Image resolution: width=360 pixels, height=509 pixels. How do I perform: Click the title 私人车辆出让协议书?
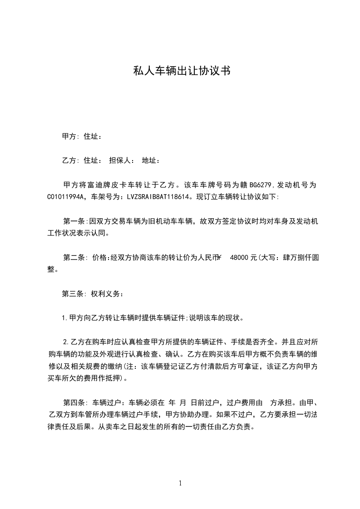point(180,71)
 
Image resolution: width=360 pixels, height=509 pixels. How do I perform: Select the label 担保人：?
point(122,161)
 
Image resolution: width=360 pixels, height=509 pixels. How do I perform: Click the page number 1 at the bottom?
point(180,483)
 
